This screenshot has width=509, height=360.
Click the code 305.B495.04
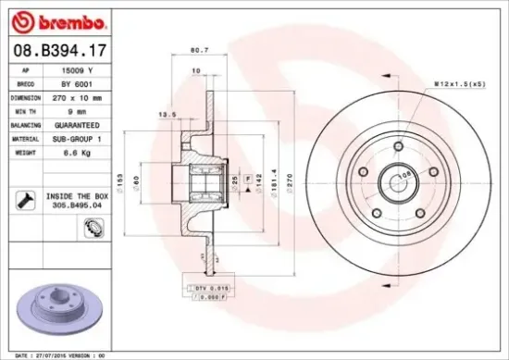tap(79, 206)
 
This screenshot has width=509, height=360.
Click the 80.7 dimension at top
tap(196, 50)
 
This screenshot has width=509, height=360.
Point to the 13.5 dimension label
tap(168, 116)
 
